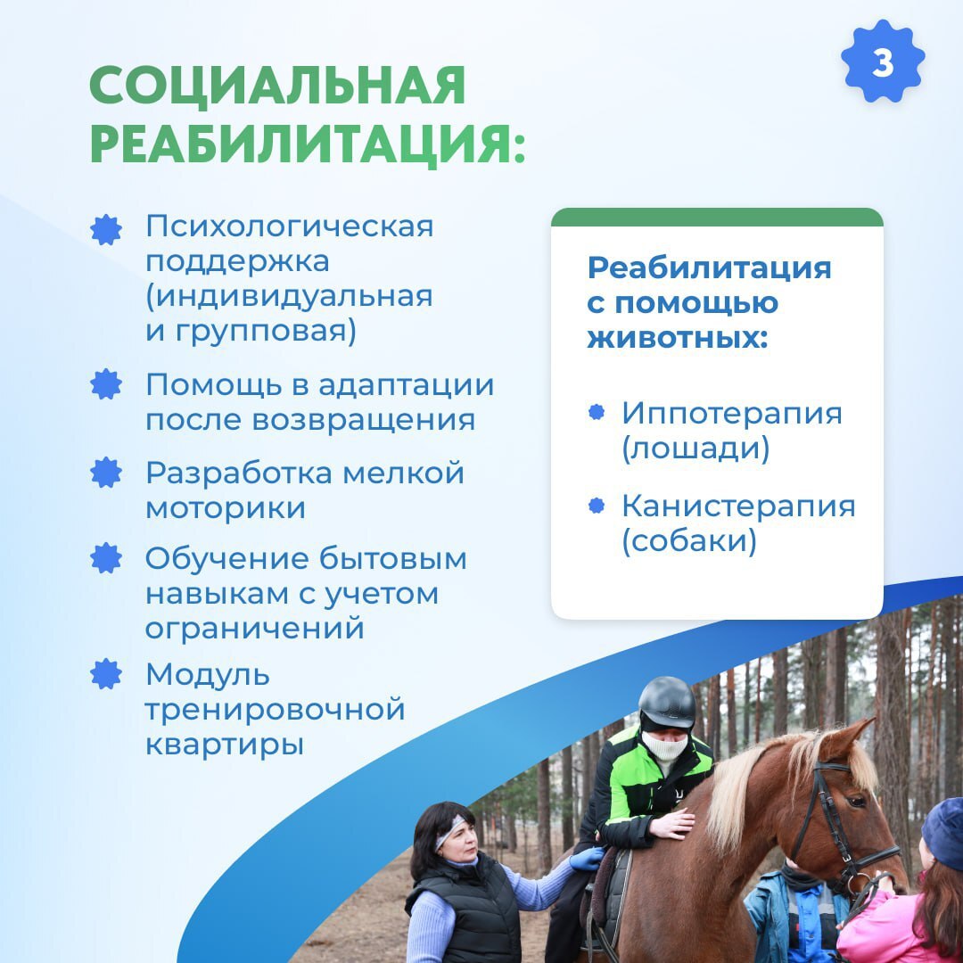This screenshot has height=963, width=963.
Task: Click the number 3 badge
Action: tap(883, 61)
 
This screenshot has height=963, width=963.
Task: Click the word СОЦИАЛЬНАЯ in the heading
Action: tap(277, 86)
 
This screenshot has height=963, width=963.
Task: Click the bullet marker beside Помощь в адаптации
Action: tap(106, 384)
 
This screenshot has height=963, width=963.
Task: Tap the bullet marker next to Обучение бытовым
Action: tap(106, 558)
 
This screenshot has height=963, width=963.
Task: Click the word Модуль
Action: tap(208, 676)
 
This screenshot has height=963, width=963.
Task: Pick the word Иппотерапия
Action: tap(731, 413)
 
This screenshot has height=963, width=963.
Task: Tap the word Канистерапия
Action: tap(738, 506)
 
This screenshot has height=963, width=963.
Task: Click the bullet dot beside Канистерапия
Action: tap(597, 506)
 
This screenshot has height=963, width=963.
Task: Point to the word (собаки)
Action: tap(689, 541)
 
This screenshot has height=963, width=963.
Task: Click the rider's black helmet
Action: tap(667, 704)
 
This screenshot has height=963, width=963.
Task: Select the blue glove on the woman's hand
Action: tap(587, 858)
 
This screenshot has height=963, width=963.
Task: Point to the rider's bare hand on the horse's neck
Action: tap(672, 824)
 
